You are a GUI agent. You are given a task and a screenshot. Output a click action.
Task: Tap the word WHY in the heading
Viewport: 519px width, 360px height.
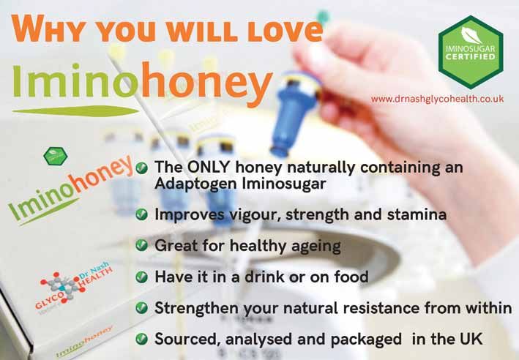pyautogui.click(x=49, y=28)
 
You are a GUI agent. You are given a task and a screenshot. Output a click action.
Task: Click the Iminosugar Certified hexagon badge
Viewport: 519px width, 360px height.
pyautogui.click(x=471, y=52)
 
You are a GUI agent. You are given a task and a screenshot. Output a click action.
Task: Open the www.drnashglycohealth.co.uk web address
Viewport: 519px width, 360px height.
pyautogui.click(x=437, y=99)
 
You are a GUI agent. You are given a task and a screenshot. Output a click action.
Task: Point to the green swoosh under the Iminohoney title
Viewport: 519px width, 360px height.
pyautogui.click(x=75, y=111)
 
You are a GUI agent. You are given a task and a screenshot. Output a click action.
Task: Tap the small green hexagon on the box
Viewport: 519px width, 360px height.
pyautogui.click(x=56, y=156)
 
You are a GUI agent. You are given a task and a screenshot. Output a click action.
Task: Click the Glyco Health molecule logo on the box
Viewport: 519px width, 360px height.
pyautogui.click(x=63, y=287)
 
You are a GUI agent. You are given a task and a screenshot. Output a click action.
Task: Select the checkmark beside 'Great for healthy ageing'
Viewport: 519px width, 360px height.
pyautogui.click(x=142, y=246)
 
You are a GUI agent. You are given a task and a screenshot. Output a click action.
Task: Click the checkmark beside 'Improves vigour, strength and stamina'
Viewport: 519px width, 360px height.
pyautogui.click(x=142, y=214)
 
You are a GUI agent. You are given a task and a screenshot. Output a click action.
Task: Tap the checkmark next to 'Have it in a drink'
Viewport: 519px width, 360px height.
pyautogui.click(x=142, y=277)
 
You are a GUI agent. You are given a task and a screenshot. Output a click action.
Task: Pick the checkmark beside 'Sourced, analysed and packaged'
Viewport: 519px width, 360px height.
pyautogui.click(x=142, y=339)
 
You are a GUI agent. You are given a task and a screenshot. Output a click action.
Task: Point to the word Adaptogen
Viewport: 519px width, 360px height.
pyautogui.click(x=195, y=184)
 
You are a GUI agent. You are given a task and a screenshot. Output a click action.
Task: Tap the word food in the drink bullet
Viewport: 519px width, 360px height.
pyautogui.click(x=351, y=277)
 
